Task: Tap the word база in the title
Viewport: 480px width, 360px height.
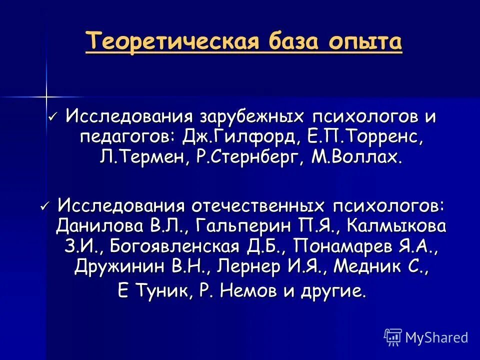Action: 292,41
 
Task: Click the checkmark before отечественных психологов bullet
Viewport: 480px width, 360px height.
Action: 44,204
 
